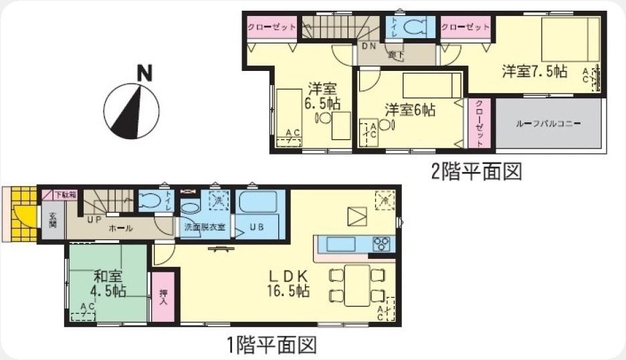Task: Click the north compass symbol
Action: tap(131, 110)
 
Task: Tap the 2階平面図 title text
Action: tap(476, 172)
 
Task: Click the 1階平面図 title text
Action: tap(271, 345)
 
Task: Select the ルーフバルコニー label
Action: tap(548, 124)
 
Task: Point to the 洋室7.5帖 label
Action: tap(534, 71)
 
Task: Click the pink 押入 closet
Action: tap(163, 297)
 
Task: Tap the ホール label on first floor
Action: tap(121, 228)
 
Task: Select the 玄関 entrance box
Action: tap(52, 220)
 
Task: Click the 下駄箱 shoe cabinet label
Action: tap(65, 195)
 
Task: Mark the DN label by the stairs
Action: tap(369, 46)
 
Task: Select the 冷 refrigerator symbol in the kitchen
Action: tap(385, 199)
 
